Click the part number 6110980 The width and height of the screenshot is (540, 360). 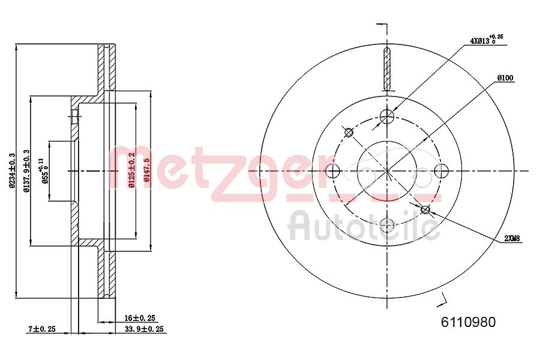tap(469, 322)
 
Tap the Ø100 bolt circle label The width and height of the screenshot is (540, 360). tap(505, 78)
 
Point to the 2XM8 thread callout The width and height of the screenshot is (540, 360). tap(512, 238)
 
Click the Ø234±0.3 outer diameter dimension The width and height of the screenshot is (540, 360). tap(12, 170)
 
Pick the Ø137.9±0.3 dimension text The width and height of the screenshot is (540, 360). tap(25, 171)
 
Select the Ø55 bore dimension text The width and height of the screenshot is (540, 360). tap(44, 171)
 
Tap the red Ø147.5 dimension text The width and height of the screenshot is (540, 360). tap(146, 170)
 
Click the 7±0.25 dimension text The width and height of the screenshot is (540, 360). tap(42, 329)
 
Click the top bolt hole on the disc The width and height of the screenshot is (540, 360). tap(388, 115)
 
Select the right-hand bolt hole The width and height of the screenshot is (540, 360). tap(441, 170)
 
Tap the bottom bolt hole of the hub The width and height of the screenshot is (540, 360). tap(388, 226)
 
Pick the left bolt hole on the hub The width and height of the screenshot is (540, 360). tap(333, 171)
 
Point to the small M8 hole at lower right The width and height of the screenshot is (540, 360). tap(426, 209)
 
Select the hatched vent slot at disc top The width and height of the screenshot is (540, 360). tap(388, 68)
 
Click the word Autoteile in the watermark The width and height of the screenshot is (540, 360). tap(363, 226)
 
